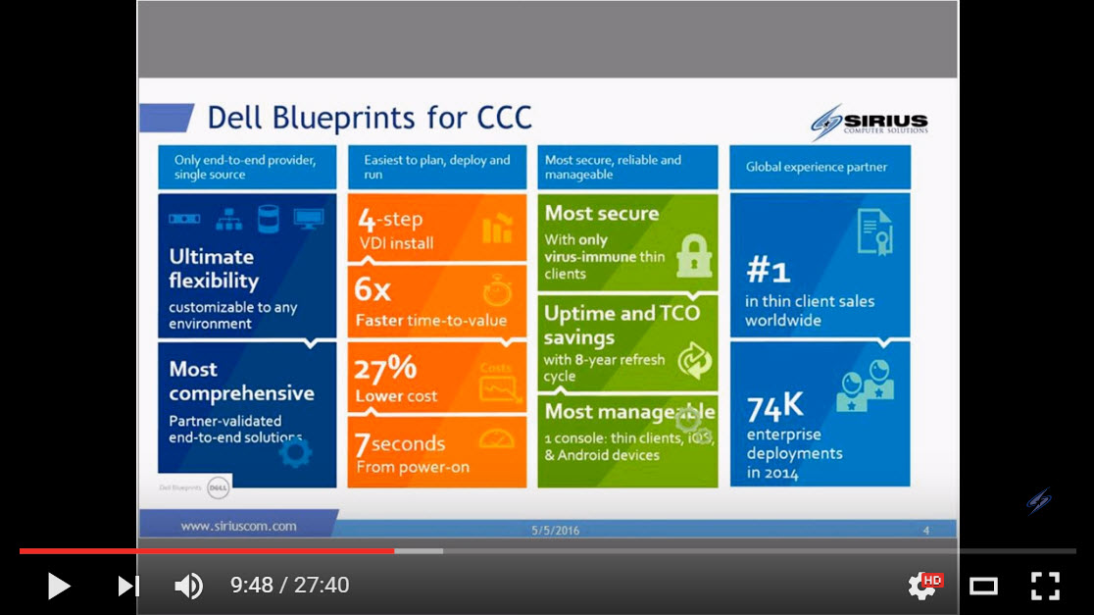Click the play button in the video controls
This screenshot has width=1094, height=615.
coord(59,586)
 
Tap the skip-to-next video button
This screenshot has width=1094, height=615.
coord(128,586)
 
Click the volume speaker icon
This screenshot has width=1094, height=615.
coord(188,586)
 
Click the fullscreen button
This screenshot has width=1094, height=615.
coord(1045,586)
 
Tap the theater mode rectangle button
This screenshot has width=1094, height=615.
coord(983,586)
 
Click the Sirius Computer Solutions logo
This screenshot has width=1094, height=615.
coord(869,123)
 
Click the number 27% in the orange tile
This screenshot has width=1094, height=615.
coord(386,369)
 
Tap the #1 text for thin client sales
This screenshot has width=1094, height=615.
coord(768,270)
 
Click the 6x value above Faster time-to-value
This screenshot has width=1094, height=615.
coord(373,290)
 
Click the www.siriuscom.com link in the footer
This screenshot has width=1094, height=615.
coord(238,526)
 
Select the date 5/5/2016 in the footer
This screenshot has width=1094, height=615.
coord(556,530)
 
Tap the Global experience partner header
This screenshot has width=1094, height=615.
coord(817,167)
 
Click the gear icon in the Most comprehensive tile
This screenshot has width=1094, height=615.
coord(295,451)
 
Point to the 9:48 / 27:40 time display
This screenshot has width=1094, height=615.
coord(289,586)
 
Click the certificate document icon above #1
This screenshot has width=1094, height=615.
coord(873,232)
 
